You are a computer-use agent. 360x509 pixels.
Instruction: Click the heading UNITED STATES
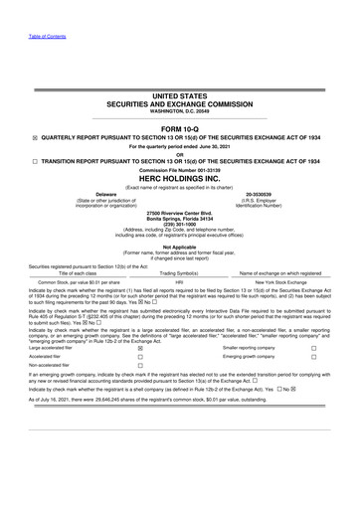[180, 97]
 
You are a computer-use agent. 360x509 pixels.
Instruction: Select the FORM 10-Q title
[180, 128]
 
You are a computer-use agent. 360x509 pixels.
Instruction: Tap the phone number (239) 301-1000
[180, 223]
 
